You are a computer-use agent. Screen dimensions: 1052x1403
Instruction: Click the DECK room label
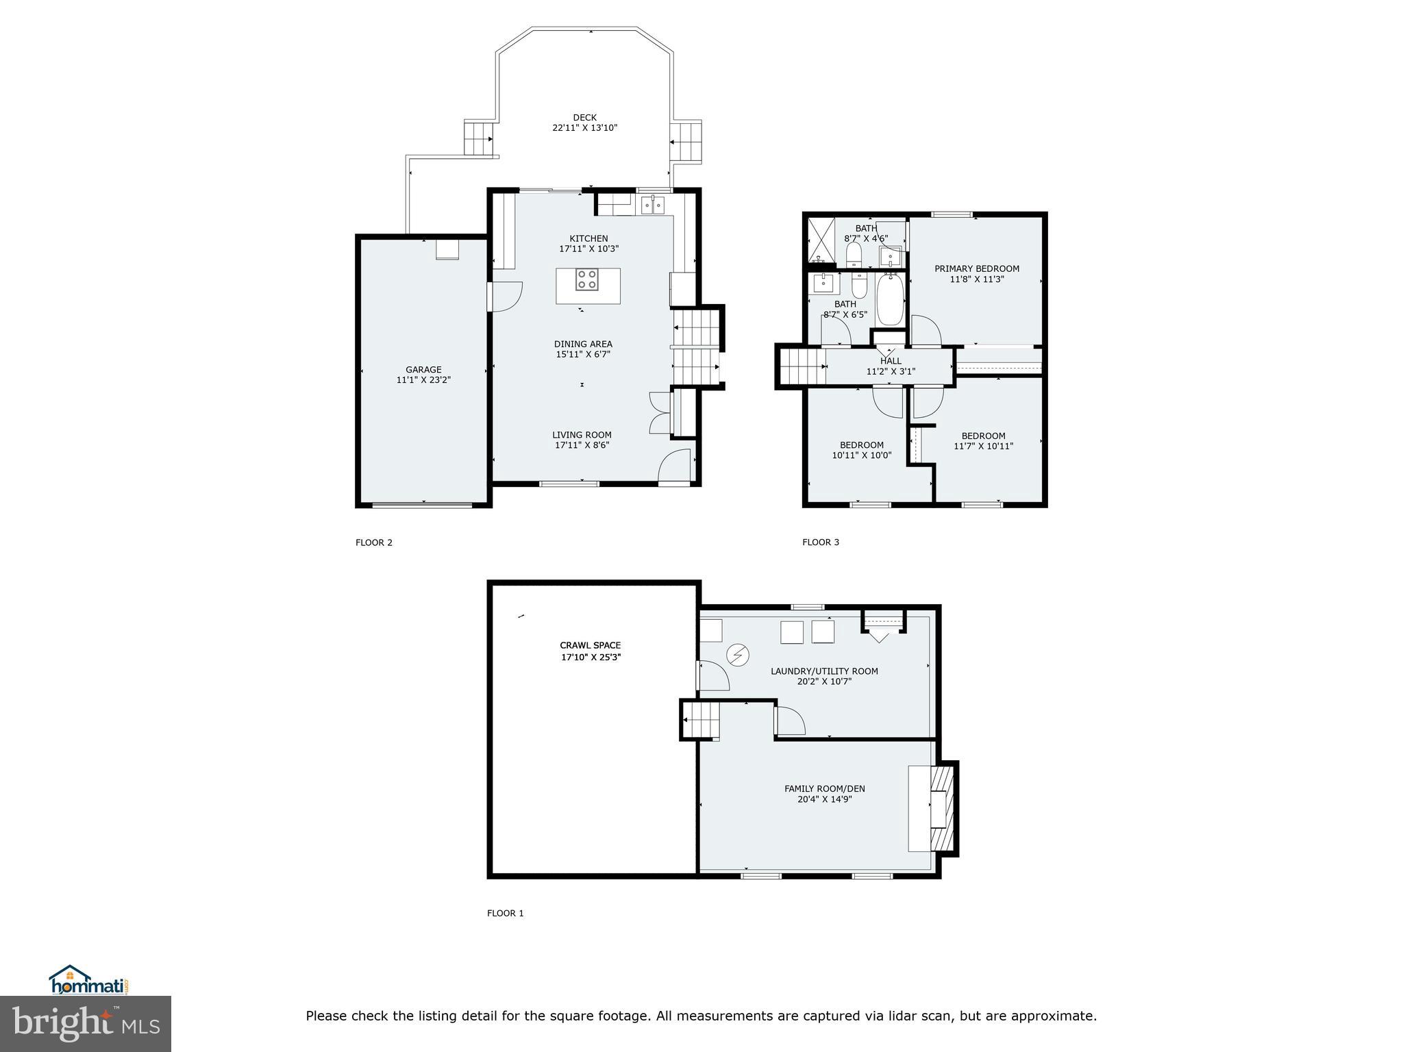(x=584, y=118)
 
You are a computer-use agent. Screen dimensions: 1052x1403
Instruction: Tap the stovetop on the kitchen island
(x=586, y=280)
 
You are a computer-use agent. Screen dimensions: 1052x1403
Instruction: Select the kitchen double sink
(x=652, y=204)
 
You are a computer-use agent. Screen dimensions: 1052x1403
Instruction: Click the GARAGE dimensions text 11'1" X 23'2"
(x=423, y=380)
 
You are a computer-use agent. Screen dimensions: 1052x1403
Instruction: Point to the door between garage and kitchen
(x=506, y=297)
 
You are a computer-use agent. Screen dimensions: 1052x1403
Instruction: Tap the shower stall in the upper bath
(x=821, y=240)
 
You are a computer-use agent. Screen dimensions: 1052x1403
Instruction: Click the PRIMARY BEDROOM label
(x=977, y=268)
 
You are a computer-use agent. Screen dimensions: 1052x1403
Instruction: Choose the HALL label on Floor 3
(x=891, y=361)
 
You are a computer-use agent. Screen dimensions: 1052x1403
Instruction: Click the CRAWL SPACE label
(x=590, y=645)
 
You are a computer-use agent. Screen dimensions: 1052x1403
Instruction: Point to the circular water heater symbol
(x=738, y=655)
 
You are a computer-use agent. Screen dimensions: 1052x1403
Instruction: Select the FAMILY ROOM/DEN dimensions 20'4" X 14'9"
(x=824, y=799)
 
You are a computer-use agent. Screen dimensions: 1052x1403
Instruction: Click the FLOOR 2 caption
(x=374, y=542)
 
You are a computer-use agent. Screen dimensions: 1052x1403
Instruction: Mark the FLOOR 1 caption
(x=505, y=913)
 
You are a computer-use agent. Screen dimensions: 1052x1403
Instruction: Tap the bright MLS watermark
(x=86, y=1024)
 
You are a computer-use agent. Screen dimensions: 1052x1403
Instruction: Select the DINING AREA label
(x=583, y=344)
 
